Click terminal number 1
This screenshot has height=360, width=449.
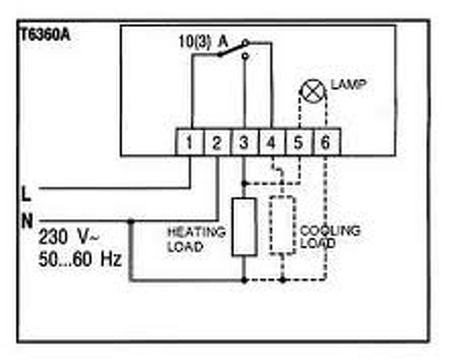[x=189, y=143]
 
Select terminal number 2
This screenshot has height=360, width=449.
[x=216, y=143]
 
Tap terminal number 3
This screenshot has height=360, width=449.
[x=244, y=143]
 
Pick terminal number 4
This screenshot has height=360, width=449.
[x=271, y=143]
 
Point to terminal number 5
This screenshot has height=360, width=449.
[x=298, y=143]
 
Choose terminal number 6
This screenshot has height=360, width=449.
[x=325, y=143]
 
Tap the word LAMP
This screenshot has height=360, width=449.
[x=349, y=85]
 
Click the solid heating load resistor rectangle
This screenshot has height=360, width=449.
[x=244, y=226]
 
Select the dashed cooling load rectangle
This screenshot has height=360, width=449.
[x=282, y=225]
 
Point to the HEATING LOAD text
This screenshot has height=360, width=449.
[x=196, y=239]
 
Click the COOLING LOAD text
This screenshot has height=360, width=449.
[x=330, y=237]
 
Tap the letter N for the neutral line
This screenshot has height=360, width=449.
[x=27, y=221]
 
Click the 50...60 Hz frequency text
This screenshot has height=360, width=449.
[x=80, y=259]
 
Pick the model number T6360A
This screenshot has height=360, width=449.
[x=45, y=35]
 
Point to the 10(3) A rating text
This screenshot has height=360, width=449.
[x=203, y=42]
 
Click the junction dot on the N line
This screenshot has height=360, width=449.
[x=131, y=221]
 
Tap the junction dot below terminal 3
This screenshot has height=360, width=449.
[x=244, y=183]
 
